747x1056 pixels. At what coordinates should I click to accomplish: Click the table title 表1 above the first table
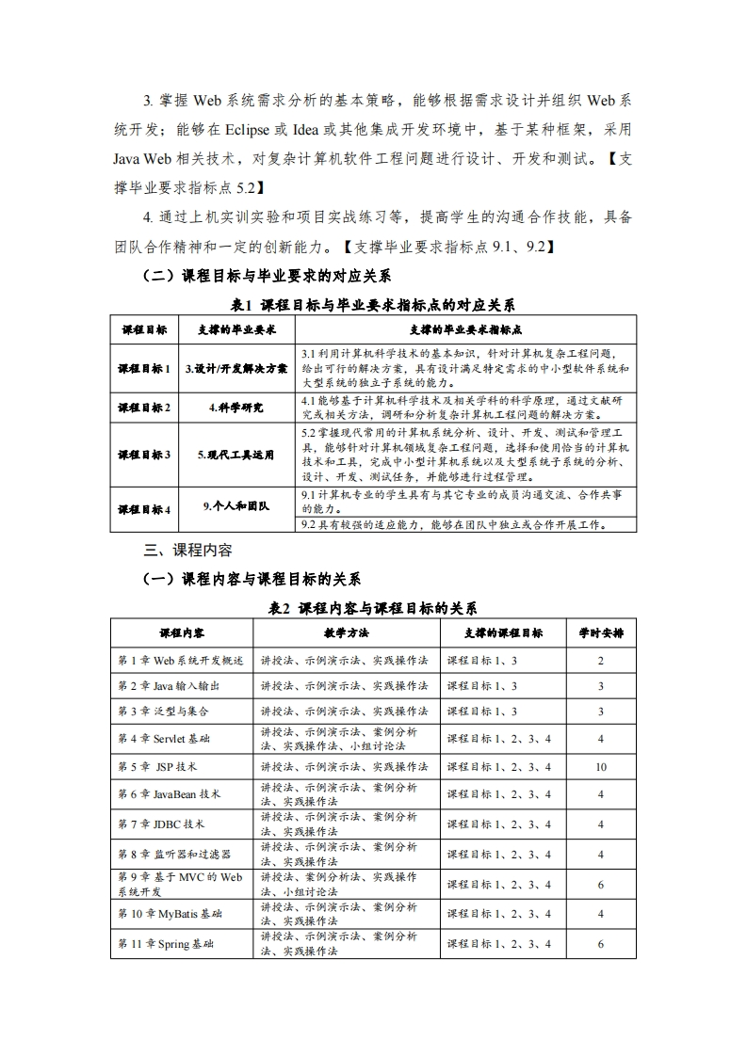coord(373,305)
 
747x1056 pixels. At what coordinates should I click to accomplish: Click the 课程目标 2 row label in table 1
coord(144,408)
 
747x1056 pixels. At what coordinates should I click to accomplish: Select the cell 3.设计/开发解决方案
coord(236,368)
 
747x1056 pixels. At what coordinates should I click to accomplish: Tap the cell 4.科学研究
coord(236,408)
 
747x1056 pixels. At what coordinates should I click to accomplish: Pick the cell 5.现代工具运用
coord(236,455)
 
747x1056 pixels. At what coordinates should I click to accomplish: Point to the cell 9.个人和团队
coord(236,506)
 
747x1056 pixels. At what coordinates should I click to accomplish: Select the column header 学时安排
coord(600,632)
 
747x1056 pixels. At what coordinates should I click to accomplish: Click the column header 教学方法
coord(346,632)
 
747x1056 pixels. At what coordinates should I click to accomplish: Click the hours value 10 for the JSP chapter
coord(600,767)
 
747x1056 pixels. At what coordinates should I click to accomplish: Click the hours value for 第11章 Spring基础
coord(600,944)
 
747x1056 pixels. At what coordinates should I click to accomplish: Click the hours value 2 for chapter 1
coord(600,661)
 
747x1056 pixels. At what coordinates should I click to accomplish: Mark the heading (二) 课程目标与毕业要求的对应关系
coord(267,277)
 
